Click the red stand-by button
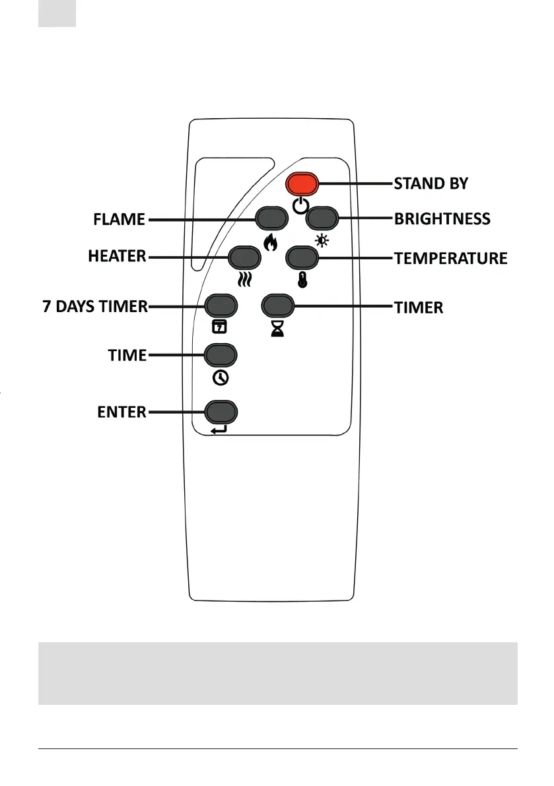pos(302,183)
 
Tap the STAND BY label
pos(431,183)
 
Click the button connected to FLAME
pos(273,218)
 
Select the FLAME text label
pos(120,219)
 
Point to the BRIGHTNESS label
pos(442,218)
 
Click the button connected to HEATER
pos(244,257)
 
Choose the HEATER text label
pos(118,257)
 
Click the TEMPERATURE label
pos(451,258)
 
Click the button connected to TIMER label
pos(279,306)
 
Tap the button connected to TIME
pos(221,356)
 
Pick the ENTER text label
pos(122,412)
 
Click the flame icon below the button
pos(270,243)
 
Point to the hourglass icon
pos(277,329)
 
